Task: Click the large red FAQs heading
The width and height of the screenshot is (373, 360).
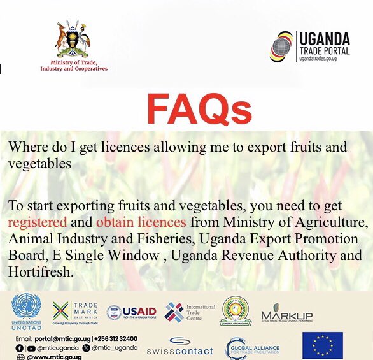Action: pos(199,110)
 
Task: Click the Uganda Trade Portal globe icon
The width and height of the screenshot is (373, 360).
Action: pos(282,46)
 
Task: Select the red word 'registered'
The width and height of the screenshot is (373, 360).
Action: pos(37,222)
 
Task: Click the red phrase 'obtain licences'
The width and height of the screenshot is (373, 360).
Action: pos(141,222)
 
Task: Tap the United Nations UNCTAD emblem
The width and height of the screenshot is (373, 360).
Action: pos(25,306)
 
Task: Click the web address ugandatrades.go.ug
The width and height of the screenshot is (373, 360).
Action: pos(324,57)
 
